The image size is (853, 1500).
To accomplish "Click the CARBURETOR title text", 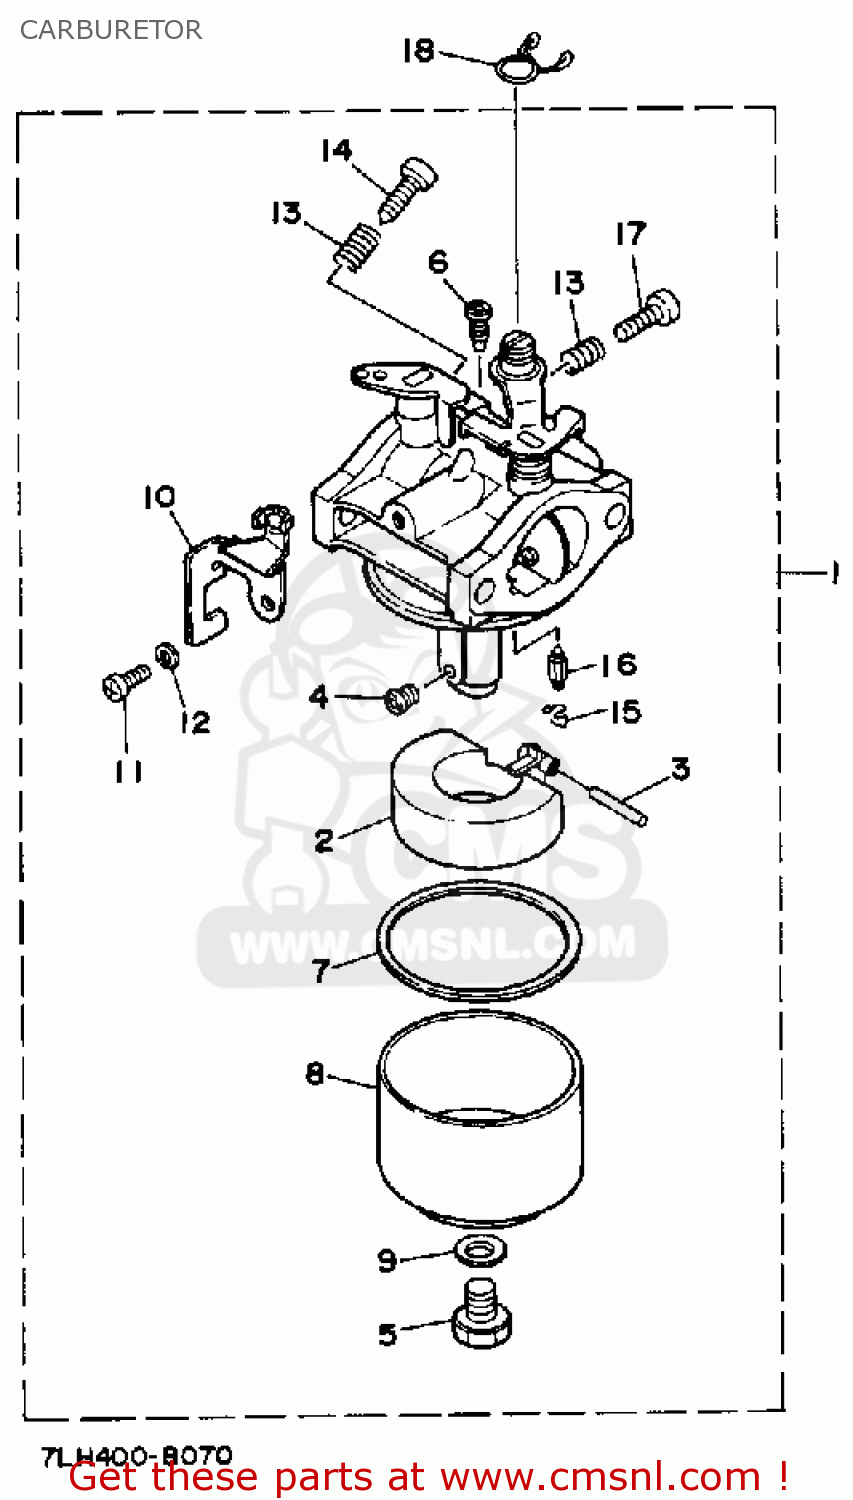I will click(111, 30).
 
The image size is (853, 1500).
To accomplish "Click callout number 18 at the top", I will click(418, 50).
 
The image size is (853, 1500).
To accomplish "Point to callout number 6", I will click(438, 262).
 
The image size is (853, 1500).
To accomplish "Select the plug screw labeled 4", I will click(401, 699).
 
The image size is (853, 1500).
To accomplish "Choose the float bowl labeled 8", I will click(479, 1120).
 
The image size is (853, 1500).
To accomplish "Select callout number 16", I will click(619, 664).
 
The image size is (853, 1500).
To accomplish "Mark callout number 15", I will click(625, 711).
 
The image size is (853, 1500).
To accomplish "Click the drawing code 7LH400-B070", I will click(137, 1455).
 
